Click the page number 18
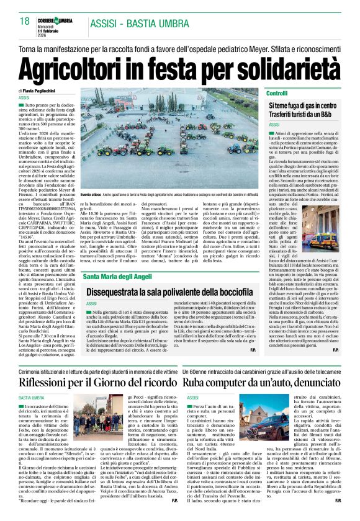(25, 22)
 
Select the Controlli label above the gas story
(276, 92)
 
